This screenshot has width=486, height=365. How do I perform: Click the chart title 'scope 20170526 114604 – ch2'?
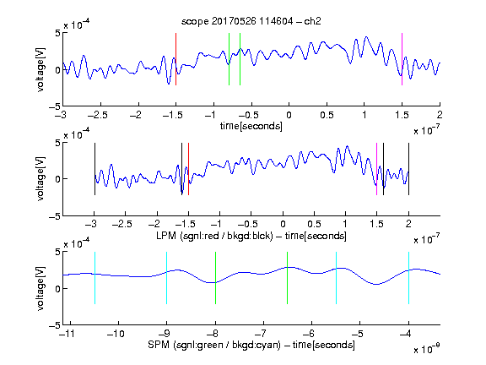(251, 21)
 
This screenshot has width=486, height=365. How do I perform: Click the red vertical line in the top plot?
(175, 59)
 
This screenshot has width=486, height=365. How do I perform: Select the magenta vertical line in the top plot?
(402, 59)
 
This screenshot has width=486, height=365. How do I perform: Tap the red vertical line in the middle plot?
(188, 169)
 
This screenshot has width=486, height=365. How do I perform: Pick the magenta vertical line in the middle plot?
(376, 169)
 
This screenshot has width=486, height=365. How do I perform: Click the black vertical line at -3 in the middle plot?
(94, 169)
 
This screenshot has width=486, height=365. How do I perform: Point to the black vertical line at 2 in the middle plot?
(409, 169)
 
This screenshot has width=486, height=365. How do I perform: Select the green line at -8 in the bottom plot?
(215, 278)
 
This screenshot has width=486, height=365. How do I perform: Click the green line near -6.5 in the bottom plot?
(288, 278)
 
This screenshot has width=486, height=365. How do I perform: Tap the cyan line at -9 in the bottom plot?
(167, 278)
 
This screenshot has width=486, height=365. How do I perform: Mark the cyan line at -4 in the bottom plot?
(409, 278)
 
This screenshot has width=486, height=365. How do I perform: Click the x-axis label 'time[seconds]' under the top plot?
(251, 126)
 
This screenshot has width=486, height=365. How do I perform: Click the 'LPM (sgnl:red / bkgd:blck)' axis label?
(214, 236)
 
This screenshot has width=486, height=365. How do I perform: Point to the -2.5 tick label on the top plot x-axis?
(98, 115)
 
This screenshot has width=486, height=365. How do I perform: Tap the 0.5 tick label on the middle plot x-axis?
(315, 224)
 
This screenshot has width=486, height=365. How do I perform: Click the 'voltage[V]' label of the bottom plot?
(40, 288)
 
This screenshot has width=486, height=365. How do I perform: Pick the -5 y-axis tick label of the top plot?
(55, 106)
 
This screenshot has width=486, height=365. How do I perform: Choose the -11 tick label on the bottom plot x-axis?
(67, 334)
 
